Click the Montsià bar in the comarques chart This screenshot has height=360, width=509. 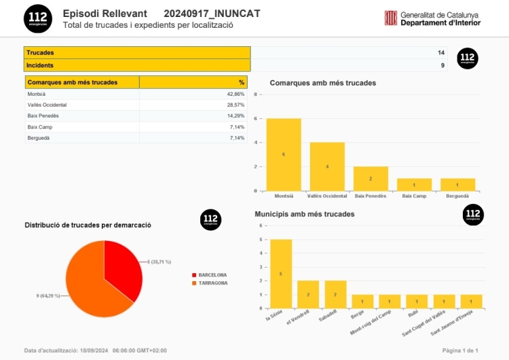coord(284,155)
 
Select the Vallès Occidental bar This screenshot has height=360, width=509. coord(327,166)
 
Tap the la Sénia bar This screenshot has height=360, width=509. coord(281,274)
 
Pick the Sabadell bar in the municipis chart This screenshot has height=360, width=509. coord(335,295)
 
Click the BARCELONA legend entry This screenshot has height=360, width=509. coord(212,275)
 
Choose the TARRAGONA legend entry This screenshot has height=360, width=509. coord(212,283)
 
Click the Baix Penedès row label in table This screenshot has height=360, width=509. coord(43,116)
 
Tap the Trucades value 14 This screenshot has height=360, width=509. coord(441,53)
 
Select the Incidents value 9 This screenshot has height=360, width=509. coord(442,65)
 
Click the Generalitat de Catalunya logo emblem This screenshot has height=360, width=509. coord(391,18)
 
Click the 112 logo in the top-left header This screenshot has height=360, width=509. coord(38,18)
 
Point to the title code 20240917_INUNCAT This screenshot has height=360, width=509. coord(212,14)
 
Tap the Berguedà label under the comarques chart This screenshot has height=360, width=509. coord(457,196)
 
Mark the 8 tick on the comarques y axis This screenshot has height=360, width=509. coord(256,95)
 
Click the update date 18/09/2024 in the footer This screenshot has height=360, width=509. coord(94,350)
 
